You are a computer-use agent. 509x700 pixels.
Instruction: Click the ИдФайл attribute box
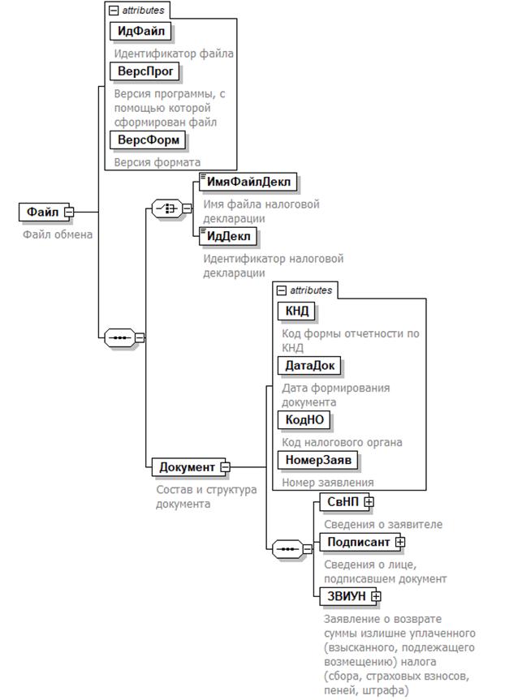pyautogui.click(x=140, y=32)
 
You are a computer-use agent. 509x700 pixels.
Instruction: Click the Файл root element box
pyautogui.click(x=42, y=212)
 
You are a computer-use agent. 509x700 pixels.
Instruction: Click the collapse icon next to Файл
pyautogui.click(x=69, y=213)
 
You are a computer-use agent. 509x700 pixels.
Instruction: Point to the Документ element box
pyautogui.click(x=187, y=466)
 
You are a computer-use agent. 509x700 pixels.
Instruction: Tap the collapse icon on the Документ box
pyautogui.click(x=225, y=467)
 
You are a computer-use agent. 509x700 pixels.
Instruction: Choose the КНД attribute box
pyautogui.click(x=295, y=311)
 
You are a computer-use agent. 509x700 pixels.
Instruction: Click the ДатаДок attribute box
pyautogui.click(x=308, y=365)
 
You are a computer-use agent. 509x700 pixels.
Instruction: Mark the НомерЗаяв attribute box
pyautogui.click(x=318, y=460)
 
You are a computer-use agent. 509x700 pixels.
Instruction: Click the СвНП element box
pyautogui.click(x=342, y=501)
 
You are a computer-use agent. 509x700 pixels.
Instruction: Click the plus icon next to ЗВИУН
pyautogui.click(x=375, y=597)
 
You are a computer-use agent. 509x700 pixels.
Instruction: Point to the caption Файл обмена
pyautogui.click(x=57, y=235)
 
